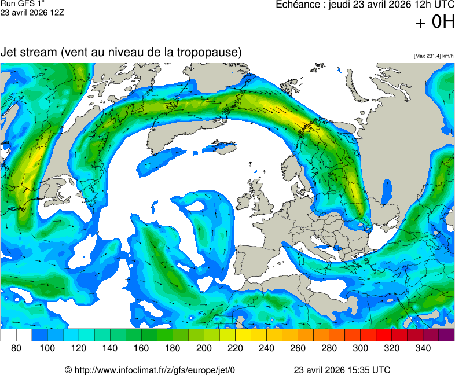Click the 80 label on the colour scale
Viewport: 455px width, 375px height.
pyautogui.click(x=16, y=348)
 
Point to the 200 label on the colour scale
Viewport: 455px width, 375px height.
pyautogui.click(x=204, y=348)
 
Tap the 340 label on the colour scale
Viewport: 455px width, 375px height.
pyautogui.click(x=423, y=348)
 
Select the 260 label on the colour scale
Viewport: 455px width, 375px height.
pyautogui.click(x=298, y=348)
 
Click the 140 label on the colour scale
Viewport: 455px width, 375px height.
pyautogui.click(x=110, y=348)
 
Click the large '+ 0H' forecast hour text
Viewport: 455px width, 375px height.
pyautogui.click(x=435, y=22)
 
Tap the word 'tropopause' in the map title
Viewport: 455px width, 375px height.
pyautogui.click(x=210, y=52)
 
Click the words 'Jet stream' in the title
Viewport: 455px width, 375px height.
pyautogui.click(x=28, y=52)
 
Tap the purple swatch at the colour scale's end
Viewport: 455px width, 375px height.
pyautogui.click(x=446, y=334)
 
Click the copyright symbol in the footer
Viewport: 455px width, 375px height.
pyautogui.click(x=68, y=370)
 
